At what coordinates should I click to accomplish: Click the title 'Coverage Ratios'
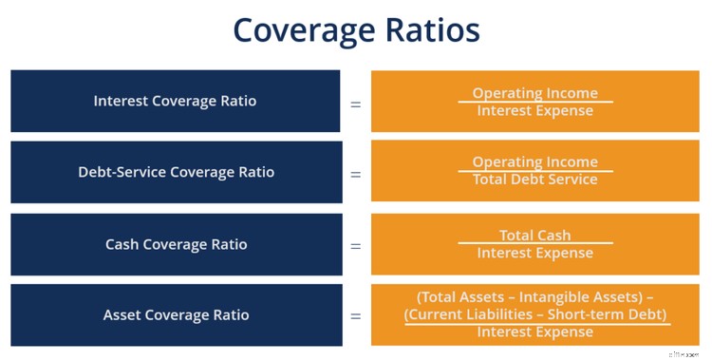[356, 30]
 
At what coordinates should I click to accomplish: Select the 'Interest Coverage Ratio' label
[176, 101]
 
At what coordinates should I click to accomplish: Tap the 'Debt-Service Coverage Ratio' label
[176, 172]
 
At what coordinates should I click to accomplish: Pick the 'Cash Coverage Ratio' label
[176, 244]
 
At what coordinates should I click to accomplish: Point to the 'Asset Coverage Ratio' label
[176, 314]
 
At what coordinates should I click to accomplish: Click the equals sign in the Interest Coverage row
[356, 102]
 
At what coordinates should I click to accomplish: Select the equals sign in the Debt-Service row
[356, 173]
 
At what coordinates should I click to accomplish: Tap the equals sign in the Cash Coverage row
[356, 245]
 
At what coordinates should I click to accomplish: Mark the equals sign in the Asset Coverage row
[356, 315]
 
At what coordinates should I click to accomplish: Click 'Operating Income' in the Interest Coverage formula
[535, 93]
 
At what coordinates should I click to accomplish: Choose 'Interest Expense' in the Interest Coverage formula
[535, 110]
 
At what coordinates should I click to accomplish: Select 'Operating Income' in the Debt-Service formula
[535, 162]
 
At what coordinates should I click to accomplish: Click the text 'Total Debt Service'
[535, 180]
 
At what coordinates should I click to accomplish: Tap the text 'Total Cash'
[535, 236]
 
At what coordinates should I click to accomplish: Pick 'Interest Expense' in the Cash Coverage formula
[535, 253]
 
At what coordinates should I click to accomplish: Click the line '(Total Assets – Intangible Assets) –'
[535, 296]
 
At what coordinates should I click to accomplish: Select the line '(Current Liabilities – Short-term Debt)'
[535, 314]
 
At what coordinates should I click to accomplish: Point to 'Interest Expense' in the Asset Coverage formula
[535, 332]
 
